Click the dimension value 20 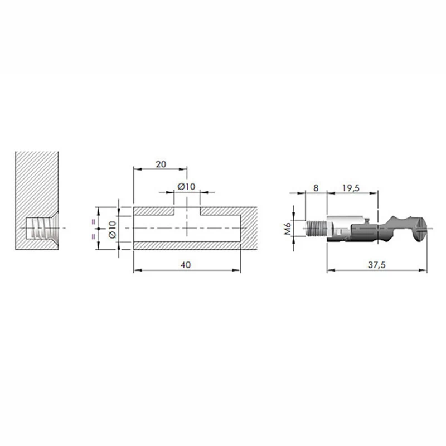161,164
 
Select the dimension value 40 186,265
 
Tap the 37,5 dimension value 377,265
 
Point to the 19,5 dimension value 351,188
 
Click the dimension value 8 316,188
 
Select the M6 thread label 288,229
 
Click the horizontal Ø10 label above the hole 186,187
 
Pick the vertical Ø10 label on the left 113,229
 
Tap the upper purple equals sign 93,222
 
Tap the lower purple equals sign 93,236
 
